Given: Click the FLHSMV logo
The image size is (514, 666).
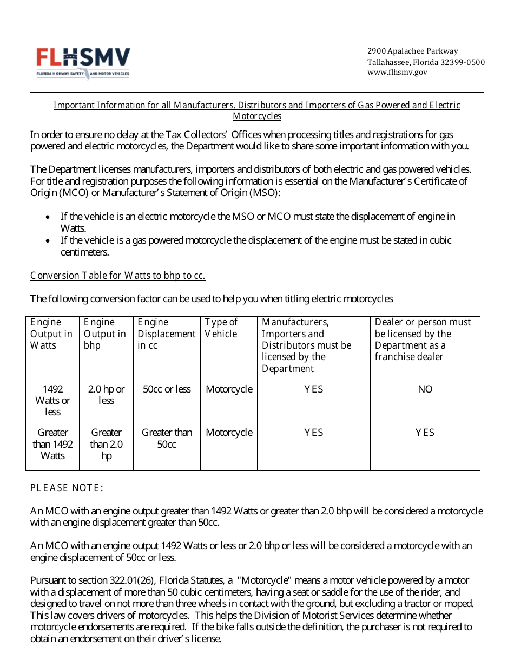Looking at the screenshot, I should (83, 63).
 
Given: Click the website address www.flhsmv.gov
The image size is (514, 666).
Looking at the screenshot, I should (397, 73).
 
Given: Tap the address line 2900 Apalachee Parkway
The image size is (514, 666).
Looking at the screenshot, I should (412, 51).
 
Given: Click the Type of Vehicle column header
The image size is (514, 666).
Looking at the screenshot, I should (221, 328).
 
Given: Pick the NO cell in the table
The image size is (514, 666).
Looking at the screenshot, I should (425, 389).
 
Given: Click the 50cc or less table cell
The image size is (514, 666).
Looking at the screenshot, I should (167, 389).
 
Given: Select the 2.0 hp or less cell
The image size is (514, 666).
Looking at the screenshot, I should (106, 395).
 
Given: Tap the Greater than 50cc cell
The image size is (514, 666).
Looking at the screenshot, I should (167, 438).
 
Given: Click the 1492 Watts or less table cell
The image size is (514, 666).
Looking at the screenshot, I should (52, 400).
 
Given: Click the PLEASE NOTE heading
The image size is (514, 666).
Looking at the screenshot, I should (65, 488).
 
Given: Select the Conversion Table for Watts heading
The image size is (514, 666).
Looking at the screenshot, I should (117, 275).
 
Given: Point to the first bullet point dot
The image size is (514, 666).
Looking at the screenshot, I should (48, 217).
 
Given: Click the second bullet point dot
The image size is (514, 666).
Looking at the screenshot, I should (48, 240).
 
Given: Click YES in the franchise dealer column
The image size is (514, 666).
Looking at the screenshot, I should (425, 433).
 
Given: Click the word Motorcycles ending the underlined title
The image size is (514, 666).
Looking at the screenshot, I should (257, 116).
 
